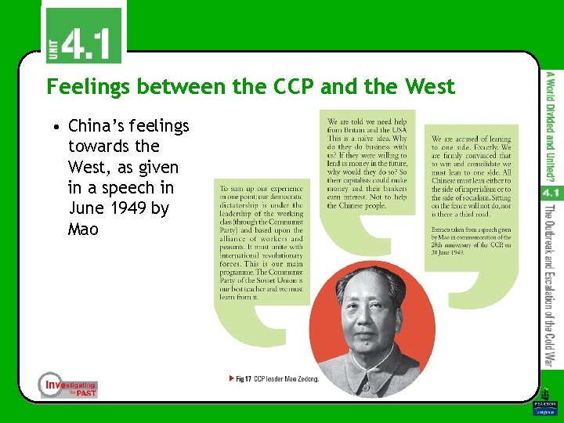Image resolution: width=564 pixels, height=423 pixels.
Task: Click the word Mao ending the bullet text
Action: pos(83,230)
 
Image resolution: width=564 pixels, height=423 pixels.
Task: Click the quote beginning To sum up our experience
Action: pos(261,243)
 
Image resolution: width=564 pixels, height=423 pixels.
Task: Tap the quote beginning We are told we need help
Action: pos(367,164)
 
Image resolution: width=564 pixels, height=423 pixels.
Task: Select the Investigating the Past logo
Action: pos(69,385)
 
